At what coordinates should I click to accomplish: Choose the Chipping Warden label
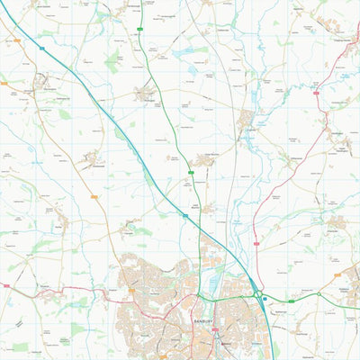tap(337, 39)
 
